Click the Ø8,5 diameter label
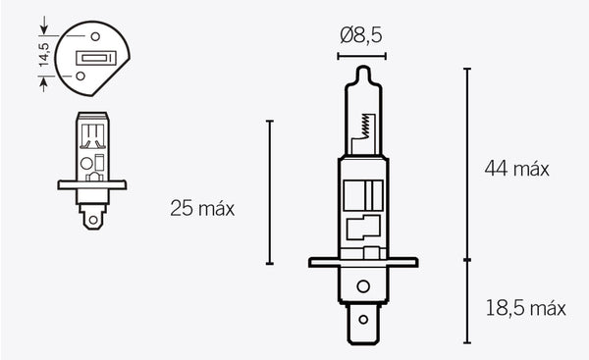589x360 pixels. (362, 36)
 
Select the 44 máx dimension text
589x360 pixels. (516, 169)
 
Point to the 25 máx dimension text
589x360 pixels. (202, 209)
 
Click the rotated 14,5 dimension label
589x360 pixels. (42, 52)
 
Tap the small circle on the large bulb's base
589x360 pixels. (363, 287)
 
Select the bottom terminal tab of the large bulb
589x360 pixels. (363, 325)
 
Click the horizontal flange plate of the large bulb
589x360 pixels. (362, 263)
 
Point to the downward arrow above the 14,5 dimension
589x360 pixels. (42, 21)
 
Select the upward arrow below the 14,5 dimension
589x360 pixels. (42, 83)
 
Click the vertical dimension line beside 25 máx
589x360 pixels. (269, 192)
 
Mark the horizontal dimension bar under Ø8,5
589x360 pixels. (362, 56)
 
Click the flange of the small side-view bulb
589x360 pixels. (91, 183)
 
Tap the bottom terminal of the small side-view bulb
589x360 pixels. (91, 219)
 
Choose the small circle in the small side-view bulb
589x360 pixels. (85, 163)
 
